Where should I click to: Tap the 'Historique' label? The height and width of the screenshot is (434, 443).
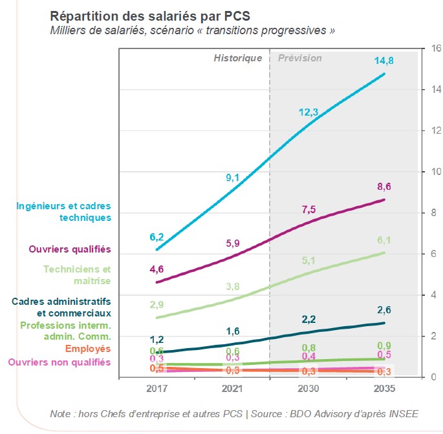[238, 58]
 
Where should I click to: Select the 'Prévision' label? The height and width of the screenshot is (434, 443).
[299, 58]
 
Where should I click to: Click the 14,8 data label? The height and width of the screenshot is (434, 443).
[384, 61]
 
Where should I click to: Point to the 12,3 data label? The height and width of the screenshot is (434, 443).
[308, 112]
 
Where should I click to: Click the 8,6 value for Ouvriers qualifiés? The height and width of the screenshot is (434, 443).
[384, 187]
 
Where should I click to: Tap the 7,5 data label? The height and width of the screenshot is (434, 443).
[309, 209]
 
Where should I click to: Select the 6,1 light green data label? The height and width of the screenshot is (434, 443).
[384, 240]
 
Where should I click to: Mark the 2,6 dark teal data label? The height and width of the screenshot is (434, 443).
[384, 310]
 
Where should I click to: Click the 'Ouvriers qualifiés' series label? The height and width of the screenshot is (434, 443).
[70, 249]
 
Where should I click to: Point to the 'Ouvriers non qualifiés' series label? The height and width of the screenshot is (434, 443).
[59, 362]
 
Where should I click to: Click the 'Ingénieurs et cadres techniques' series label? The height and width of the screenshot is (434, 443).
[63, 212]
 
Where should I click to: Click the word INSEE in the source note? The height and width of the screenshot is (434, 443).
[404, 414]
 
